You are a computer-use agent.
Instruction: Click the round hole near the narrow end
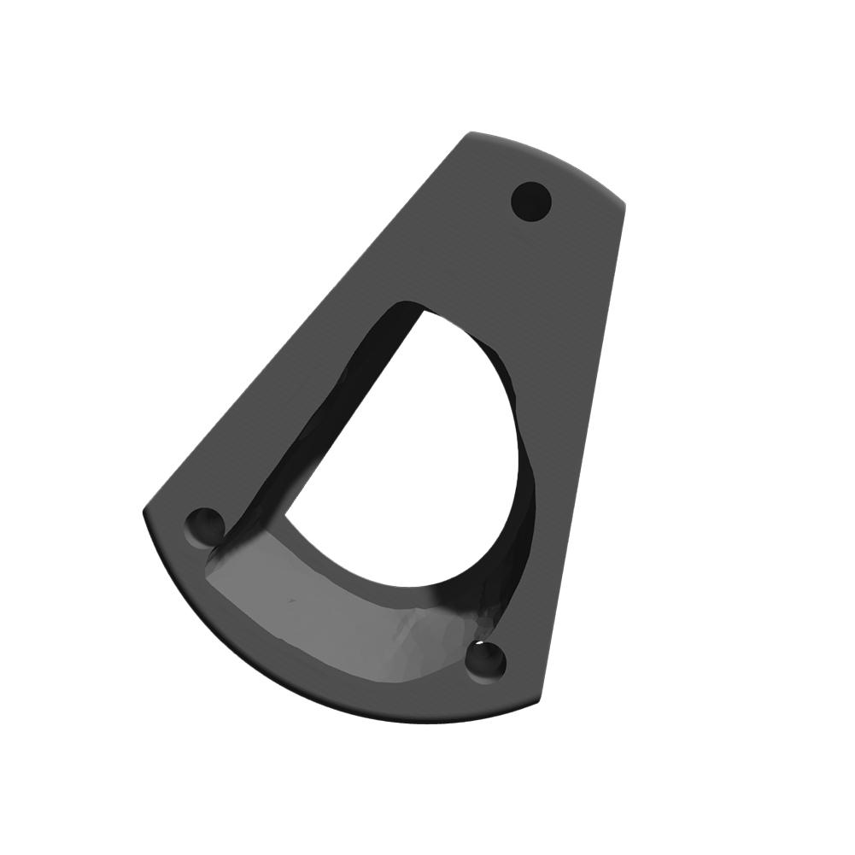pos(531,202)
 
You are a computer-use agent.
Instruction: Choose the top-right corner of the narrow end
pos(624,204)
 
